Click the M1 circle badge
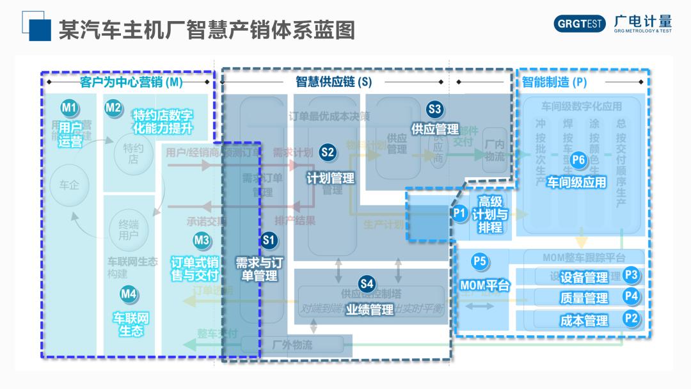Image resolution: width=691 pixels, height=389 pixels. point(69,107)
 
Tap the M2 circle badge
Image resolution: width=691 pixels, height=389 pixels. point(113,107)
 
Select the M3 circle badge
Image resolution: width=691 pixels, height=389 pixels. point(202,240)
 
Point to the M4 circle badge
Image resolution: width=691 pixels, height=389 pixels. point(129,294)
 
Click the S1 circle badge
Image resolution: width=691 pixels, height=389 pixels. point(269,240)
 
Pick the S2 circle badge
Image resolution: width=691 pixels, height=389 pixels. point(328,152)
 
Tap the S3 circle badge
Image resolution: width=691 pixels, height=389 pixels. point(434,108)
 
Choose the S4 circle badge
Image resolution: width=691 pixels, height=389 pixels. point(366,283)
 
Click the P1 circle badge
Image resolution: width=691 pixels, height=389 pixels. point(459,213)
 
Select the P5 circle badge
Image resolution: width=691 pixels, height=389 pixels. point(479,261)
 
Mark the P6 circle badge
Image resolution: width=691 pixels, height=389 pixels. point(578,160)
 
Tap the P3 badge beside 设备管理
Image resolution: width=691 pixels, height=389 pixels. point(631,275)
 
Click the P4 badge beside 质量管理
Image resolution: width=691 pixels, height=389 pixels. point(631,296)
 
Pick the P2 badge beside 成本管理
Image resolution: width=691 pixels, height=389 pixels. point(631,317)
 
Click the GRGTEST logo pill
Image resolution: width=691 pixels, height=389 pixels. point(580,24)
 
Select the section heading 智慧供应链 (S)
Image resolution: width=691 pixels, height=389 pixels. point(333,82)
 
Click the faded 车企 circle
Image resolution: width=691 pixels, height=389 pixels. point(69,186)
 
